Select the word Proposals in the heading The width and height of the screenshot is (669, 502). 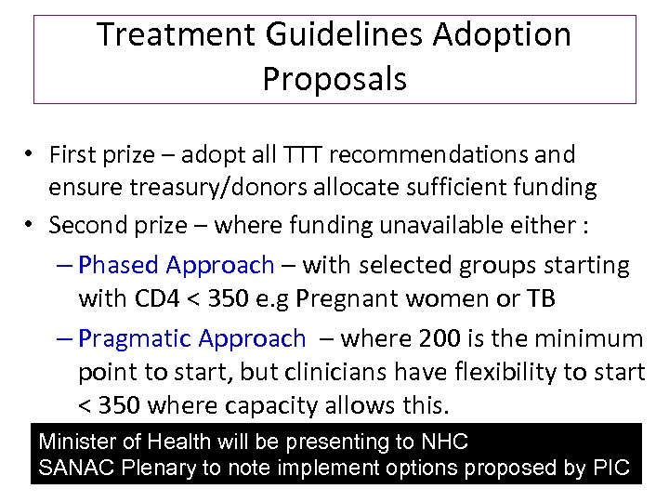click(x=334, y=79)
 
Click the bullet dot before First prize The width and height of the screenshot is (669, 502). click(x=31, y=154)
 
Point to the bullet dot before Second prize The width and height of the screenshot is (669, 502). click(x=31, y=225)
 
